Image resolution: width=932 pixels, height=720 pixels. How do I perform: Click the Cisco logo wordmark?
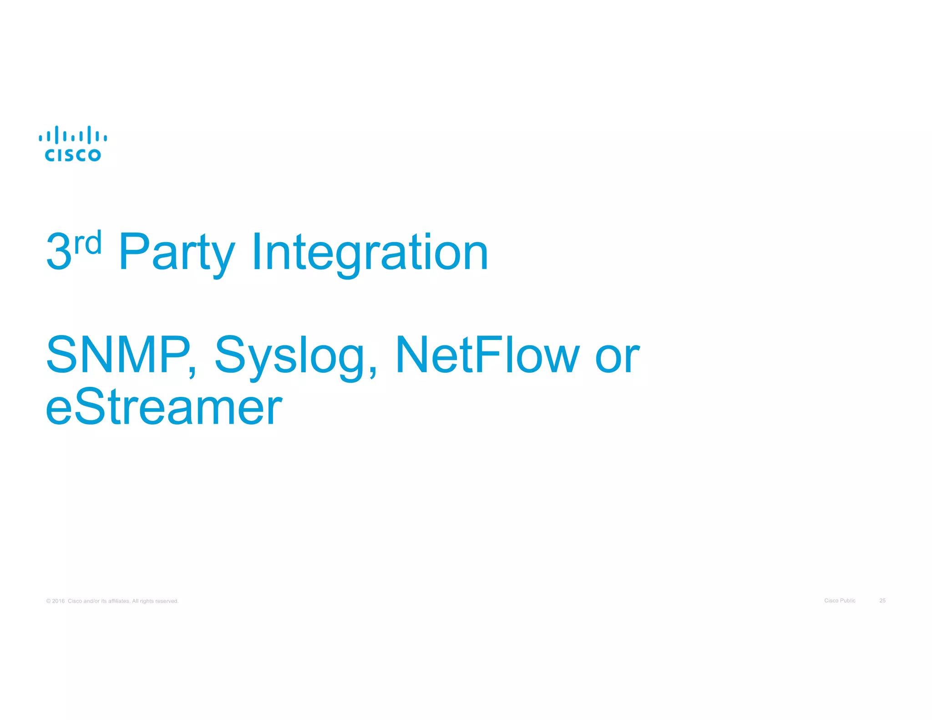click(x=73, y=155)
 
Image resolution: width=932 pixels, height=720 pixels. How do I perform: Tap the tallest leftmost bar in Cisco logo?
click(x=57, y=135)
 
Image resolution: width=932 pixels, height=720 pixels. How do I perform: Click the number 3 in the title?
click(x=59, y=252)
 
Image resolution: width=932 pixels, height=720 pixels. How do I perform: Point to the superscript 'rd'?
click(x=87, y=243)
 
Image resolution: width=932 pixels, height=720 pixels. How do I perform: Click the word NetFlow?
click(x=487, y=355)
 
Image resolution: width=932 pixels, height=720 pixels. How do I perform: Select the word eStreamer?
click(x=164, y=406)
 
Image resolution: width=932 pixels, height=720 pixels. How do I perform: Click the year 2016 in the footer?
click(x=58, y=601)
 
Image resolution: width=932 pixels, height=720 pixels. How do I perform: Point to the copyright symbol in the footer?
click(x=48, y=601)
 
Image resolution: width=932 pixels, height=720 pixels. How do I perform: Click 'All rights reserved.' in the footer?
click(x=155, y=601)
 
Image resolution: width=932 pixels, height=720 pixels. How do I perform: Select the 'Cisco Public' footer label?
click(x=840, y=600)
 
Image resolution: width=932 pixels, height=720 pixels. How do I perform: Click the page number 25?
click(x=882, y=600)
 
